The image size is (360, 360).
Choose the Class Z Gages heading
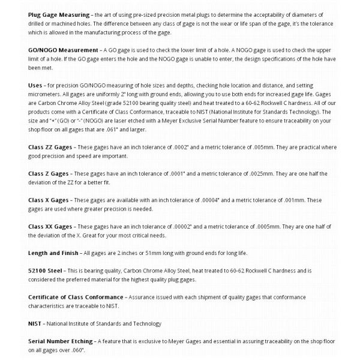click(49, 173)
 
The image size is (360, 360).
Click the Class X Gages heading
click(49, 200)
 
